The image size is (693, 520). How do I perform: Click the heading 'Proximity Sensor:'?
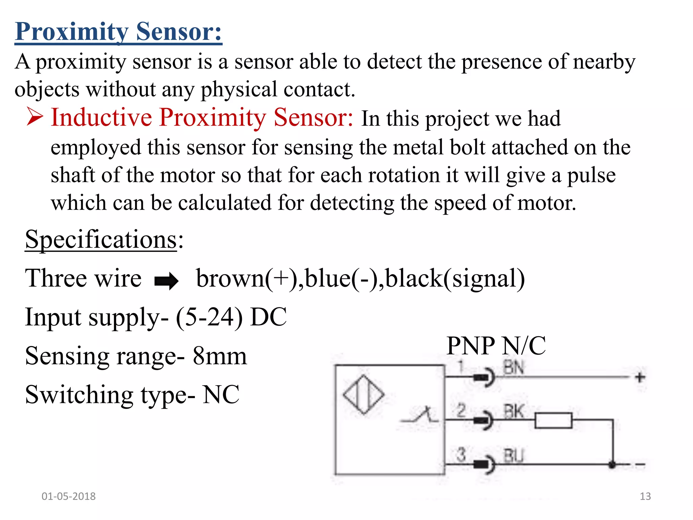[x=118, y=31]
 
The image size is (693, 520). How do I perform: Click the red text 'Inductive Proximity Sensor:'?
[x=202, y=117]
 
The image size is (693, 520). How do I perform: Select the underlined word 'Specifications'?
[x=101, y=239]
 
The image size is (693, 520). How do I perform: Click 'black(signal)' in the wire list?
[x=455, y=278]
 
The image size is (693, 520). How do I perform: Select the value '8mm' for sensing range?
[x=220, y=356]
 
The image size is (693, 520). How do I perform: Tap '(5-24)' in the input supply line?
[x=209, y=317]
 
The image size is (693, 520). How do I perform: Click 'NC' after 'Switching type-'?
[x=221, y=395]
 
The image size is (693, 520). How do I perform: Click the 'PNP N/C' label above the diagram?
[x=496, y=346]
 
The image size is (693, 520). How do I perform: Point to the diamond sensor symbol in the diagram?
[x=364, y=394]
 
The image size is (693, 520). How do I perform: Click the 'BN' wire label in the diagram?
[x=513, y=368]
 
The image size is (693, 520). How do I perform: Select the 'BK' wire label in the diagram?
[x=513, y=412]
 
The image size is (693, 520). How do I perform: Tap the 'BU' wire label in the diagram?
[x=513, y=456]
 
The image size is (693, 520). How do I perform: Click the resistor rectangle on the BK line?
[x=553, y=420]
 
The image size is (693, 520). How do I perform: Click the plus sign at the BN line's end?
[x=640, y=377]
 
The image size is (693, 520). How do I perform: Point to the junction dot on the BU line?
[x=612, y=465]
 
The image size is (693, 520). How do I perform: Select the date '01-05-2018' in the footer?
[x=68, y=496]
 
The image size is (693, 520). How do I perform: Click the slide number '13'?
[x=645, y=496]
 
